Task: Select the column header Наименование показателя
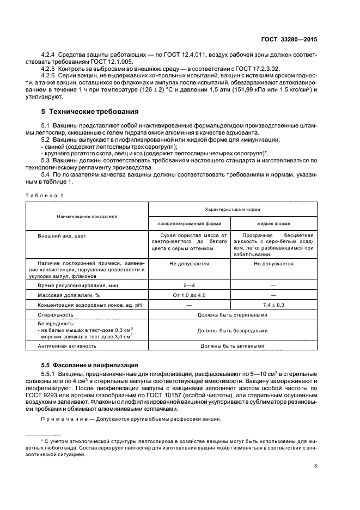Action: pyautogui.click(x=88, y=216)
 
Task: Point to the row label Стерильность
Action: pyautogui.click(x=56, y=315)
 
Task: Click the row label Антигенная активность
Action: pyautogui.click(x=67, y=345)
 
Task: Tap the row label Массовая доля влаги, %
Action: pyautogui.click(x=66, y=295)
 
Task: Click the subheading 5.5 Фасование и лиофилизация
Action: pyautogui.click(x=90, y=365)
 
